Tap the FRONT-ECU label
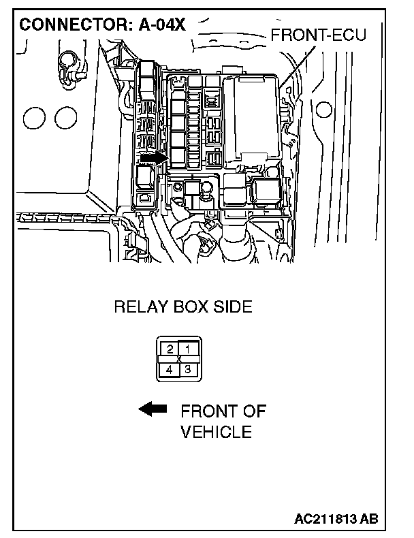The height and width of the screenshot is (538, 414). point(318,34)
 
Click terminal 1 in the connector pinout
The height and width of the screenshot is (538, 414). point(187,349)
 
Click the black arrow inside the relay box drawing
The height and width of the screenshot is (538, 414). point(153,158)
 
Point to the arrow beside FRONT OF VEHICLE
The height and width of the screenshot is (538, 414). point(153,409)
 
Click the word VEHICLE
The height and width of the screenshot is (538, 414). point(217,432)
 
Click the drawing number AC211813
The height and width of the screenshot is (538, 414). point(324,519)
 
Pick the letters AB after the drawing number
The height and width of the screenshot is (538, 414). point(368,519)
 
